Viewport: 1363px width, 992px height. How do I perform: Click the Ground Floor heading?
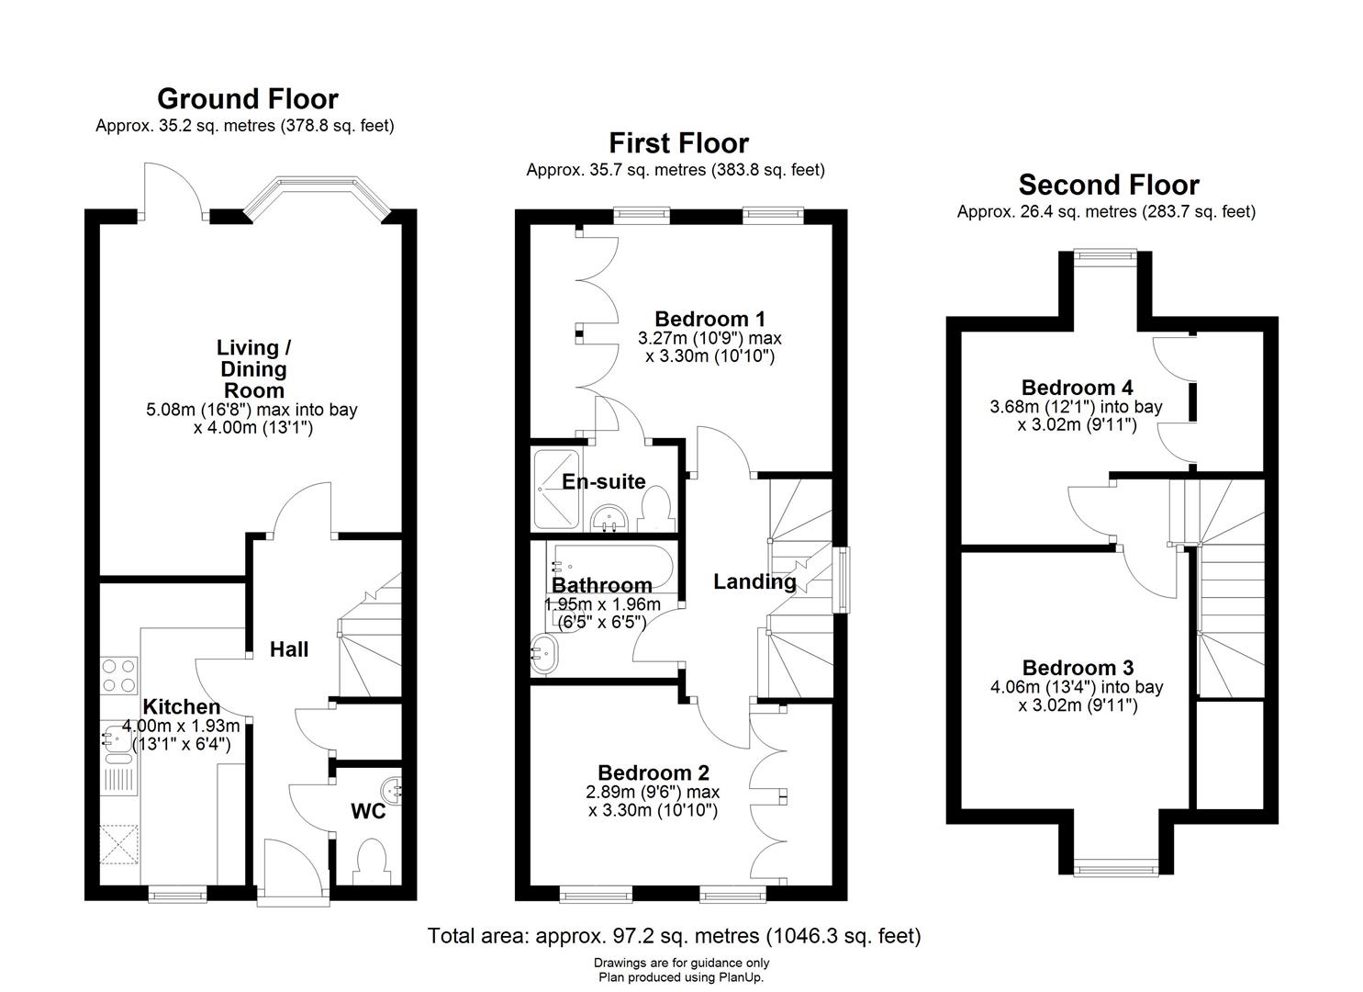(247, 98)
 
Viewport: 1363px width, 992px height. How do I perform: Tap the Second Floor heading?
(1108, 185)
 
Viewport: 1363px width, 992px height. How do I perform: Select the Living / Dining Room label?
(253, 368)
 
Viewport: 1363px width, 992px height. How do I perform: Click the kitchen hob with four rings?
(118, 675)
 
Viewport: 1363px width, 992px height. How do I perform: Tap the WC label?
(368, 812)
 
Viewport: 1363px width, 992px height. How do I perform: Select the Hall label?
(289, 649)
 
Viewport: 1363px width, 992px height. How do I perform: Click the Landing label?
(754, 581)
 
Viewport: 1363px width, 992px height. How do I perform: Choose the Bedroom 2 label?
(653, 773)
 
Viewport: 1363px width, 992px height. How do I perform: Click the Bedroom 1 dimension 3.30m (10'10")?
(709, 355)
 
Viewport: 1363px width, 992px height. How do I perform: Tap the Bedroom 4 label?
(1077, 387)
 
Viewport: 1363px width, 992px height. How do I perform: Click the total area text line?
(674, 936)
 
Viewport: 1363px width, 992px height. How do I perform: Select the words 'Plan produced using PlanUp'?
(681, 978)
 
